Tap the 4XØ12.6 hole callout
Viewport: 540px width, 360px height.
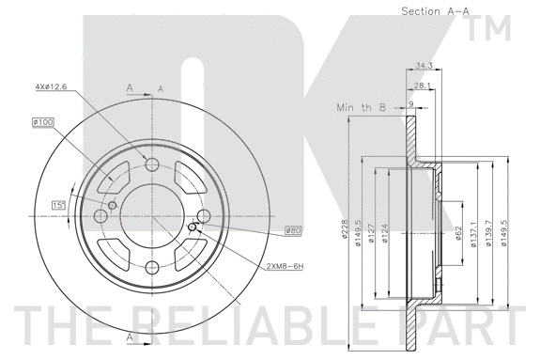(x=53, y=87)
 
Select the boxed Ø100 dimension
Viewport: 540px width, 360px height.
(x=43, y=120)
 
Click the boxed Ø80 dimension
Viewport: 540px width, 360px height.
(x=292, y=230)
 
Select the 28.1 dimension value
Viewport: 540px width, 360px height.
(x=424, y=85)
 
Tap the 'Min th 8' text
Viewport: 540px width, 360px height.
(x=361, y=108)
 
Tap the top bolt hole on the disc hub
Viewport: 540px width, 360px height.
(x=153, y=165)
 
